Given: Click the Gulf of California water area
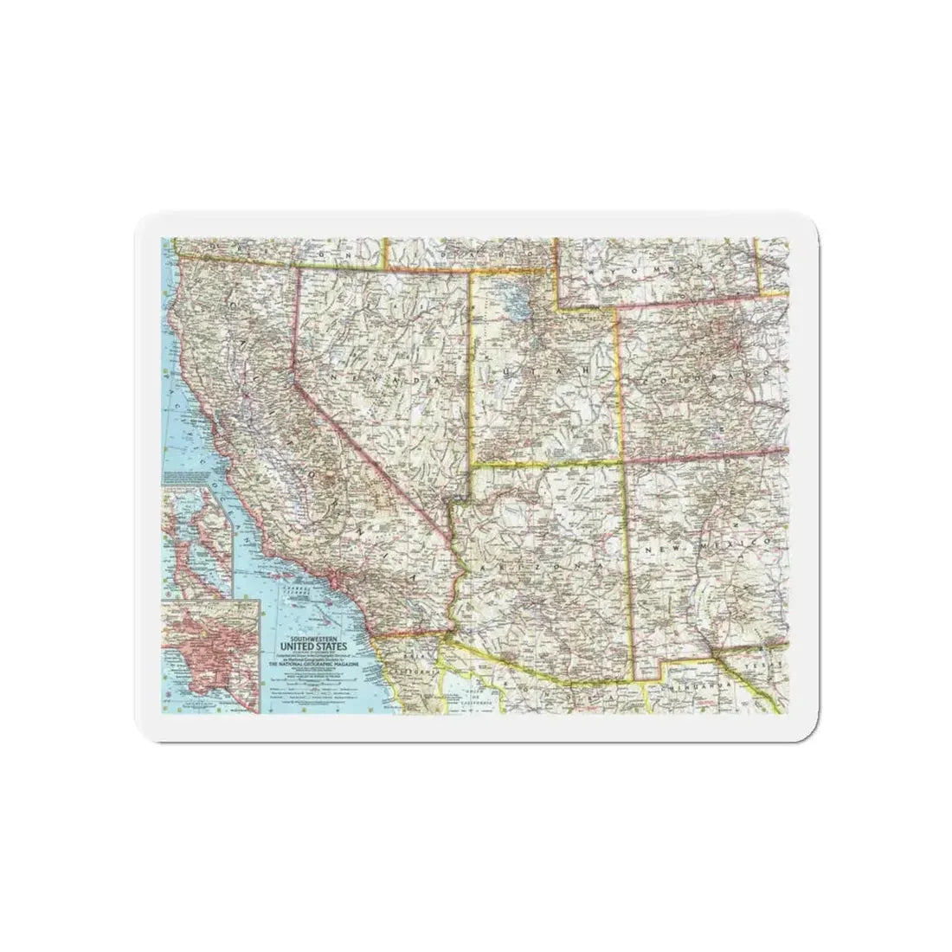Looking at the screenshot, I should pyautogui.click(x=467, y=697).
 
